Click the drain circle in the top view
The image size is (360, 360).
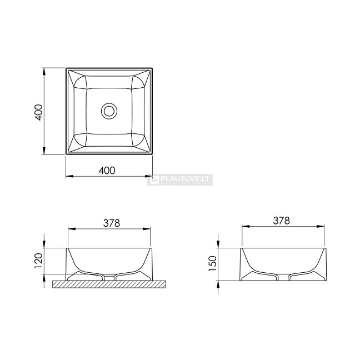(x=109, y=111)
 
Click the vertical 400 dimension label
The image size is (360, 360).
(x=38, y=112)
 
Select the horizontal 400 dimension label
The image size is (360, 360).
(x=107, y=171)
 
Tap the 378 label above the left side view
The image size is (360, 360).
(x=112, y=223)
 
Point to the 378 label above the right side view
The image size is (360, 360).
(x=282, y=221)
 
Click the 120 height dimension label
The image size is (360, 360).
(x=38, y=261)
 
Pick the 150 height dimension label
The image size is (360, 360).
(x=213, y=263)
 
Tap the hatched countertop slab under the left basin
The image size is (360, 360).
(x=109, y=284)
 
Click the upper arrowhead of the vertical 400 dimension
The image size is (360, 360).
(x=44, y=72)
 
